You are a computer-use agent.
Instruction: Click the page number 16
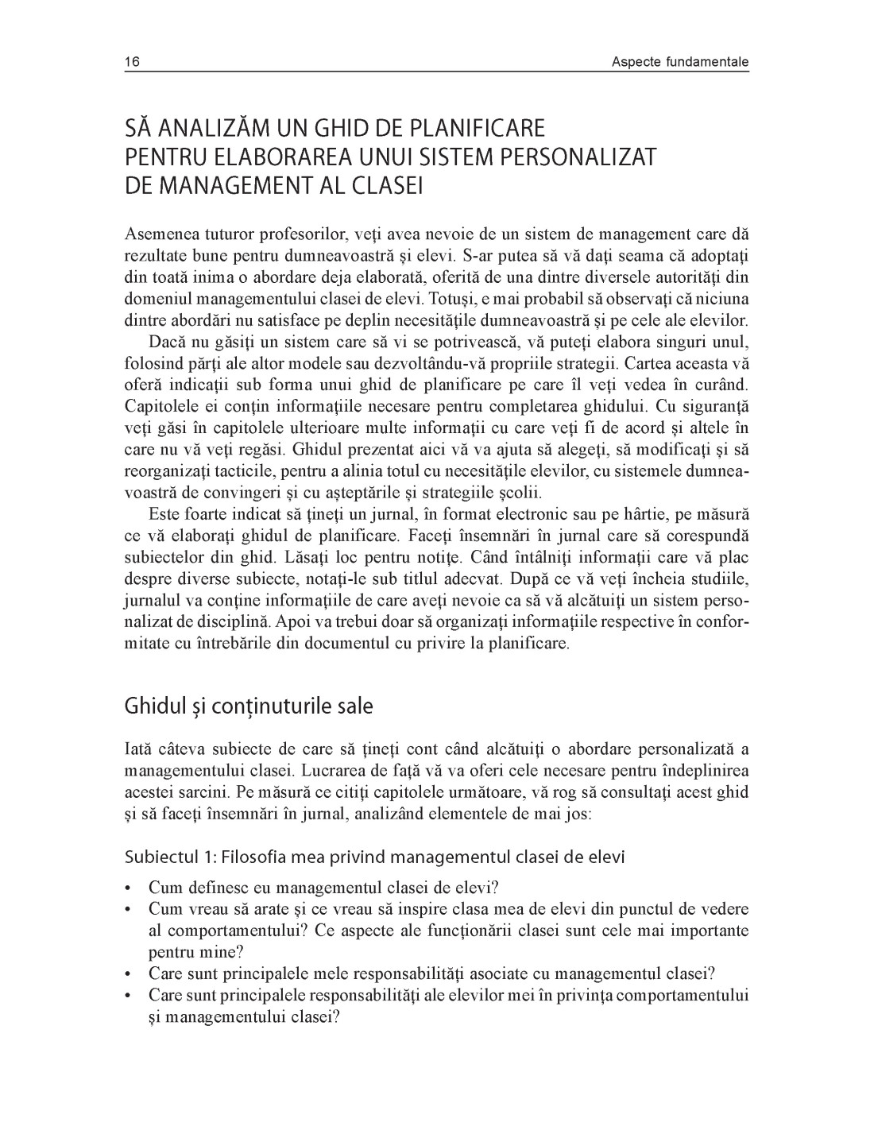132,62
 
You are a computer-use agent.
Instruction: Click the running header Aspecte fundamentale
680,62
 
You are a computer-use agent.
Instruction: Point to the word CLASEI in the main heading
385,186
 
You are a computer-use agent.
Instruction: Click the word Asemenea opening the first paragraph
159,234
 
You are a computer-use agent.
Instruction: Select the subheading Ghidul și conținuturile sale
248,706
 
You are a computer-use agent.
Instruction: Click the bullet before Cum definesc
130,888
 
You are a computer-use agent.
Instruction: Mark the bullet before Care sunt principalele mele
130,973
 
